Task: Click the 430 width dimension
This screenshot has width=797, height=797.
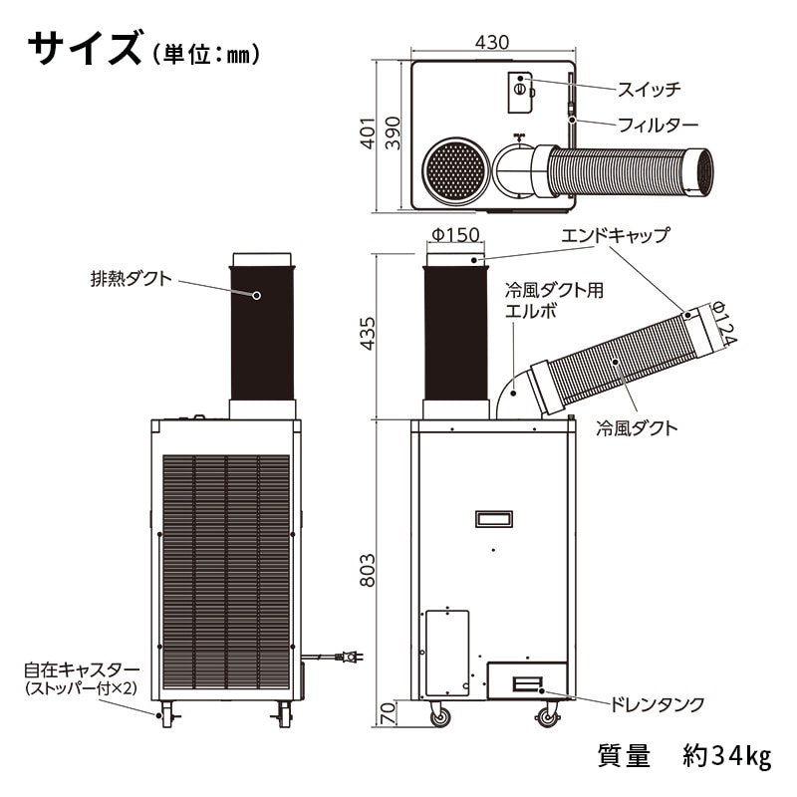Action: click(491, 42)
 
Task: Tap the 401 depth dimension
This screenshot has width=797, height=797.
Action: click(368, 133)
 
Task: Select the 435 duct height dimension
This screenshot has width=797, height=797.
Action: click(368, 334)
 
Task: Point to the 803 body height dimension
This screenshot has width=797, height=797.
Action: click(368, 570)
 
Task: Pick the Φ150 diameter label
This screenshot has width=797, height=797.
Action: click(455, 234)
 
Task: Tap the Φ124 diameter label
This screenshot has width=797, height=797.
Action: click(723, 323)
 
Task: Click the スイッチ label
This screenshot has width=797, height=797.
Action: click(650, 90)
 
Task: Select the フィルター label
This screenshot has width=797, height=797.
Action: click(659, 126)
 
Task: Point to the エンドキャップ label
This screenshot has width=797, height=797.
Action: click(616, 235)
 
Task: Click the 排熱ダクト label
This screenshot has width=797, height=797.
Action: click(132, 279)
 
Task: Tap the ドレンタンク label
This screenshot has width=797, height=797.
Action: click(657, 704)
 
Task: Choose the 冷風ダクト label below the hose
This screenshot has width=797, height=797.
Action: click(637, 428)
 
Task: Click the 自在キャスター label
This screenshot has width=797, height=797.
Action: click(82, 669)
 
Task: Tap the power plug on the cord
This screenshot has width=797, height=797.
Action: click(350, 657)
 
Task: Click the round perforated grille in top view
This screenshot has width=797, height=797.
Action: click(456, 171)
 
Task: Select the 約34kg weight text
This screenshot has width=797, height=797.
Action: click(727, 756)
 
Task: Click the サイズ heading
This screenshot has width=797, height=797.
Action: click(84, 47)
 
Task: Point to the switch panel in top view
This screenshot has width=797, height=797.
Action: click(520, 92)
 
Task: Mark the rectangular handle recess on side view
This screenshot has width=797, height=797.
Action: click(493, 519)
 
